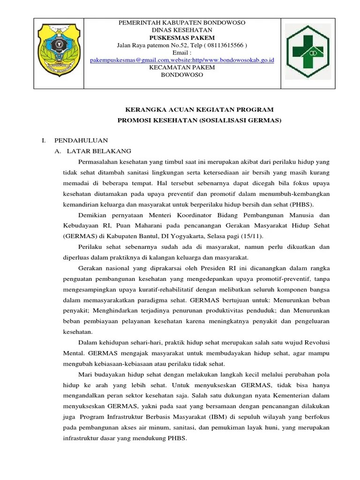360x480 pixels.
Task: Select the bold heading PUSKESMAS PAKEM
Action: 182,37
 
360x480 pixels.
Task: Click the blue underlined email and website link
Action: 182,60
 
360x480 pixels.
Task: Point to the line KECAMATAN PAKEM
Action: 182,67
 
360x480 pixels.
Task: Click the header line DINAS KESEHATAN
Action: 182,30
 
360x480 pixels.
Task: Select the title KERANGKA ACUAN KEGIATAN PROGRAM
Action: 199,110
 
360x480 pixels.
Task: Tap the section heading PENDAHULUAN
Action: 81,140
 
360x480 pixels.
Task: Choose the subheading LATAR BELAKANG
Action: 99,151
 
